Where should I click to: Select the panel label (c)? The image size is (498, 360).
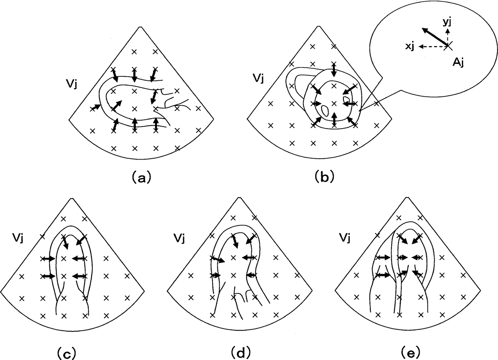[x=65, y=354]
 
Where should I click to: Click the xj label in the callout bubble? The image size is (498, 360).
[x=410, y=47]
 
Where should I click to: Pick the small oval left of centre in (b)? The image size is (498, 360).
[x=325, y=108]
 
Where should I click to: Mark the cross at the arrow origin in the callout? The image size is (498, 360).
[x=449, y=46]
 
